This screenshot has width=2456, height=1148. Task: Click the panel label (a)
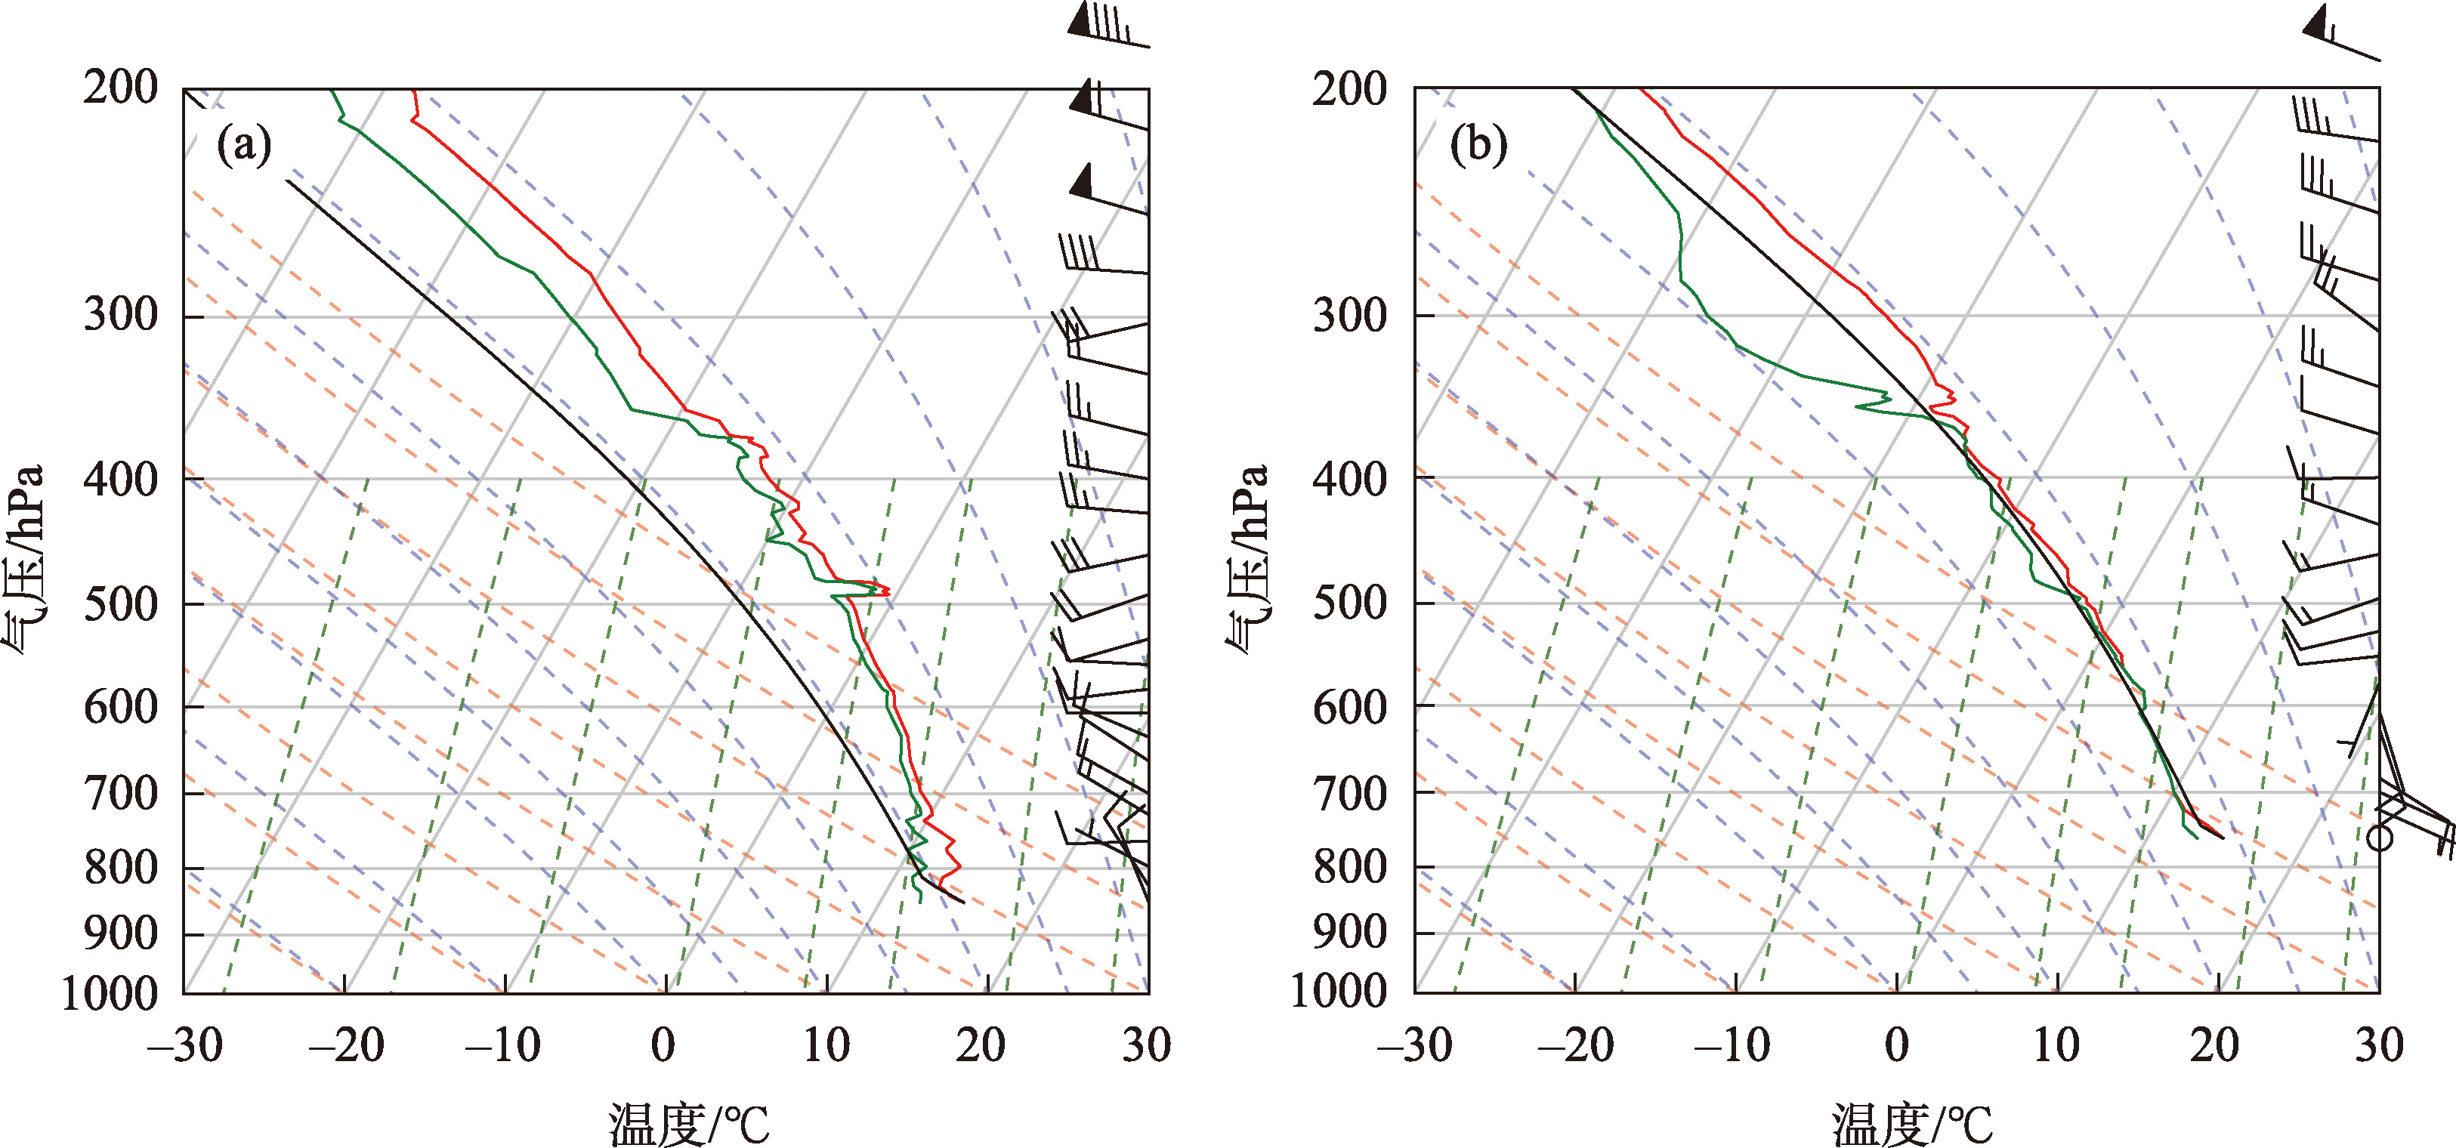(x=244, y=146)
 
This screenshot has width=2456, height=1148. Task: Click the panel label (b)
(x=1478, y=146)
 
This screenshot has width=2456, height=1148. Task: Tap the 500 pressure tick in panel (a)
(x=120, y=603)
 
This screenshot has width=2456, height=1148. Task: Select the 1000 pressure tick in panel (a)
(x=110, y=993)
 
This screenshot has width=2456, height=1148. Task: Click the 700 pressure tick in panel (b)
(x=1349, y=792)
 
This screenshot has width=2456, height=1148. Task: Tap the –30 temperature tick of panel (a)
(x=185, y=1046)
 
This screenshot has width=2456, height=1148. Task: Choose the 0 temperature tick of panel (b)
(x=1897, y=1046)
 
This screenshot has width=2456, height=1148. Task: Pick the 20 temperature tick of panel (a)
(x=980, y=1046)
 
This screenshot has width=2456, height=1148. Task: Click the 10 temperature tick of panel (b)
(x=2056, y=1046)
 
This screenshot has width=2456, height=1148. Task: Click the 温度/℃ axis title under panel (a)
(x=688, y=1123)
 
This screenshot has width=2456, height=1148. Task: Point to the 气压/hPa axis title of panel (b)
(x=1248, y=558)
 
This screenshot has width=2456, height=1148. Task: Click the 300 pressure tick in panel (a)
(x=120, y=316)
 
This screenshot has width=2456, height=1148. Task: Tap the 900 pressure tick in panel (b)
(x=1349, y=933)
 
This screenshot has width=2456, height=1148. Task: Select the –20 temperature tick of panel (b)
(x=1575, y=1046)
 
